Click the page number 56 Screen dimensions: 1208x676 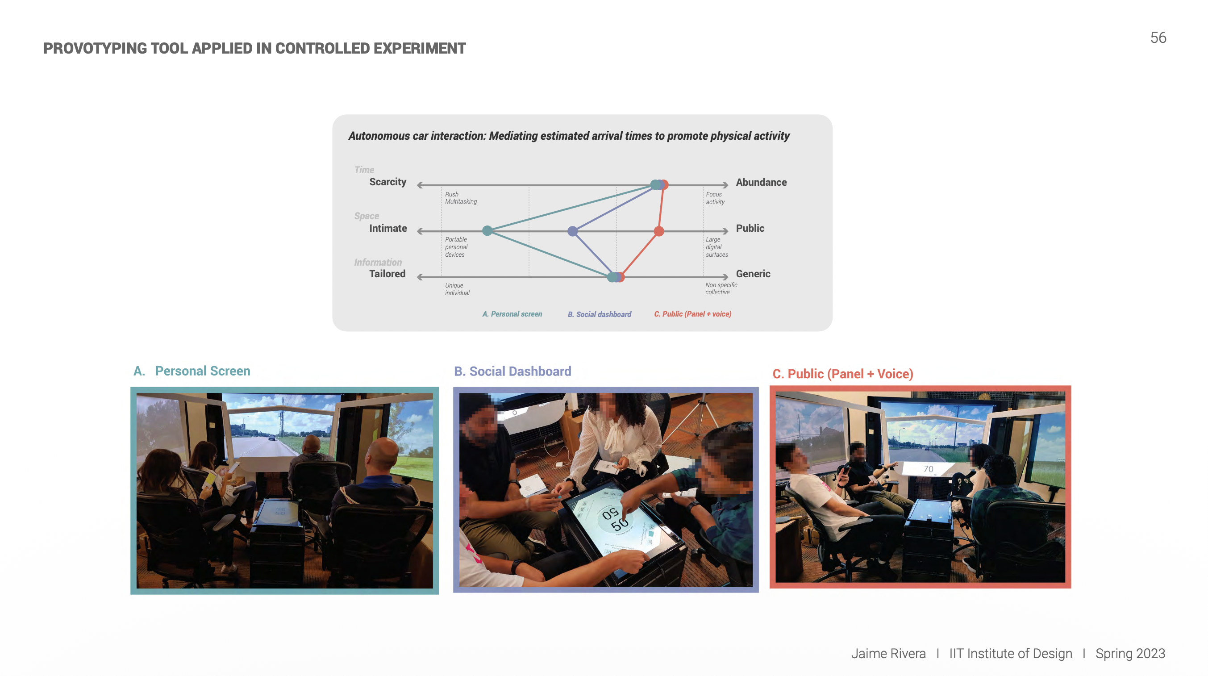1158,38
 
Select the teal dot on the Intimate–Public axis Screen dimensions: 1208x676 487,230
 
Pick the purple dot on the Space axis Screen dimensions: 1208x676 572,231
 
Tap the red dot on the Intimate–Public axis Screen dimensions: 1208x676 659,231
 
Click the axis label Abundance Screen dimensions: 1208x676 761,182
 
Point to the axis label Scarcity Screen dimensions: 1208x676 387,182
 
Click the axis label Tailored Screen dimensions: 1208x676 387,274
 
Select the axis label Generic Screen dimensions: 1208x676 753,274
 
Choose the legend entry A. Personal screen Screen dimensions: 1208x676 512,314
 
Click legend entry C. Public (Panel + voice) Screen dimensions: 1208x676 693,314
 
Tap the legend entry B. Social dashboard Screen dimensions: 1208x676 599,314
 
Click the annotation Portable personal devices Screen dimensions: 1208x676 456,247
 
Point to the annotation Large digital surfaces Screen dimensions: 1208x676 716,247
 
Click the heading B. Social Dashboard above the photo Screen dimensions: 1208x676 512,371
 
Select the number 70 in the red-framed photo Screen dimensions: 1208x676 928,469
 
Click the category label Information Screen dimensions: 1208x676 378,262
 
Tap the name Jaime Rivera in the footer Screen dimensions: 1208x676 888,654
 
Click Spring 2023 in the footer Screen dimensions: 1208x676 1130,654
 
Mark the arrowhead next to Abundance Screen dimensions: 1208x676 725,185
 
